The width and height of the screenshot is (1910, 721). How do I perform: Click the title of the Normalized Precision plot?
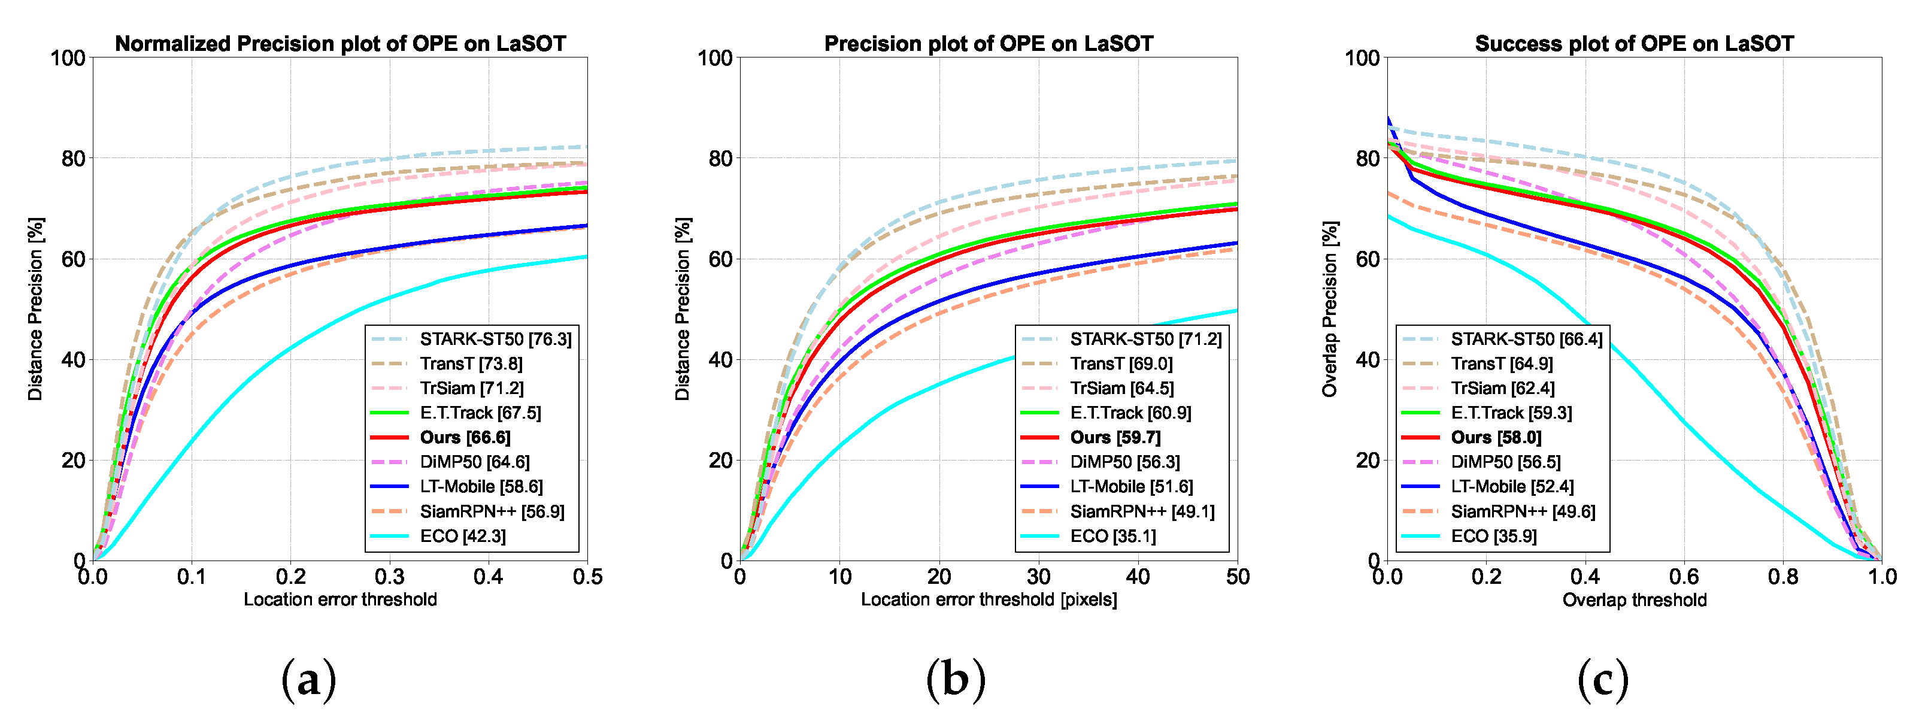point(340,44)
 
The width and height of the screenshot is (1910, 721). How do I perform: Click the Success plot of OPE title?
point(1634,44)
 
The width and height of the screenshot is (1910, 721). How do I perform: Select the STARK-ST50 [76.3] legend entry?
point(495,339)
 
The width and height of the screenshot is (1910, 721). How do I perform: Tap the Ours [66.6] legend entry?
point(465,438)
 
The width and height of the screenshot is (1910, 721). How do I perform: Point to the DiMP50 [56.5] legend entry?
point(1505,462)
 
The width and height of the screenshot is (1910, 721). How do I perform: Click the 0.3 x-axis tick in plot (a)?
point(389,577)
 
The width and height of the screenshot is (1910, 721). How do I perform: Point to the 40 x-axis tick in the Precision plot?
point(1138,577)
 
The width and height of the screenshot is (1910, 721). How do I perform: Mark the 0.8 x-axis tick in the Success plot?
point(1782,577)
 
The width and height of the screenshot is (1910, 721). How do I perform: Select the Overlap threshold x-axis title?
point(1634,600)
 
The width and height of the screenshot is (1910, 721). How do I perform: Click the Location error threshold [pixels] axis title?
point(989,599)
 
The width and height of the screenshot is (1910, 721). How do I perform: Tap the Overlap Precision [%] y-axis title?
point(1330,308)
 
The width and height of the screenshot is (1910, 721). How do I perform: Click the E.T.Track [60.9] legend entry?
point(1130,413)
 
